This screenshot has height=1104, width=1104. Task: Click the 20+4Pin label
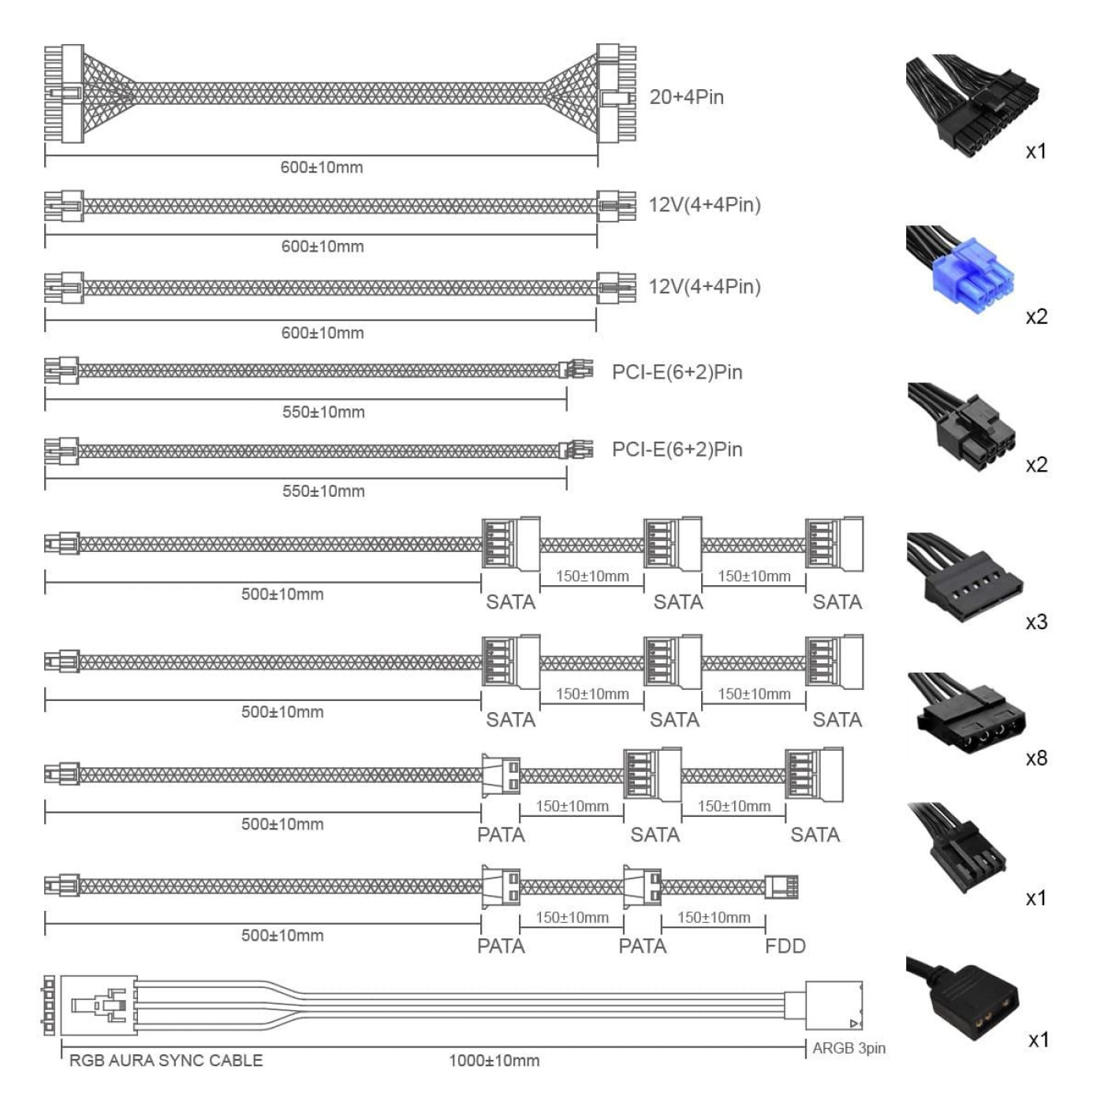pyautogui.click(x=686, y=97)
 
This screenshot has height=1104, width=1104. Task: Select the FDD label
pyautogui.click(x=785, y=945)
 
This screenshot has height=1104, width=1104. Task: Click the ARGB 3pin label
pyautogui.click(x=849, y=1048)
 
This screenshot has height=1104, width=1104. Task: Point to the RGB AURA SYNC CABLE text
pyautogui.click(x=166, y=1061)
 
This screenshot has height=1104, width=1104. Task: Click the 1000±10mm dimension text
pyautogui.click(x=494, y=1061)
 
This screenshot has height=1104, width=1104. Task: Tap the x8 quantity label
pyautogui.click(x=1036, y=759)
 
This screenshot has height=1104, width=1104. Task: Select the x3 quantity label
pyautogui.click(x=1036, y=622)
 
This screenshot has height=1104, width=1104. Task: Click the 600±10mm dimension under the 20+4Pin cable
pyautogui.click(x=322, y=167)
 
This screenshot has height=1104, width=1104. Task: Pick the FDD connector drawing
pyautogui.click(x=781, y=886)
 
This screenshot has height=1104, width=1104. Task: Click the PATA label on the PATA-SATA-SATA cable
pyautogui.click(x=501, y=834)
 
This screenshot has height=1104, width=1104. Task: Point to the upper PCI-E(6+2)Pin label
pyautogui.click(x=677, y=372)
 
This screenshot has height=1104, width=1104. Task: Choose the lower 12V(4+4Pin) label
pyautogui.click(x=704, y=286)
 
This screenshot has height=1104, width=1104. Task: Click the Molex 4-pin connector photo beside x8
pyautogui.click(x=966, y=714)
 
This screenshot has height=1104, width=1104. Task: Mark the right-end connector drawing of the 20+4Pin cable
pyautogui.click(x=616, y=94)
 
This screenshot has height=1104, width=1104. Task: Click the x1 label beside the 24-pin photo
pyautogui.click(x=1036, y=151)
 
